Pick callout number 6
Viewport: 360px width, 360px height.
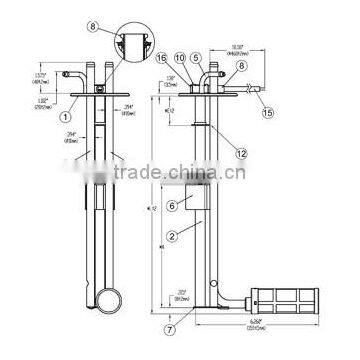click(171, 204)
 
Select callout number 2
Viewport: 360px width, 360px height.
click(171, 237)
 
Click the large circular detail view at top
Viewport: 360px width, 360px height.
click(131, 45)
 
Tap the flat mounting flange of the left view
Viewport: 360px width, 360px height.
click(103, 93)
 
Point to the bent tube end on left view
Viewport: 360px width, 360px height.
click(73, 74)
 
